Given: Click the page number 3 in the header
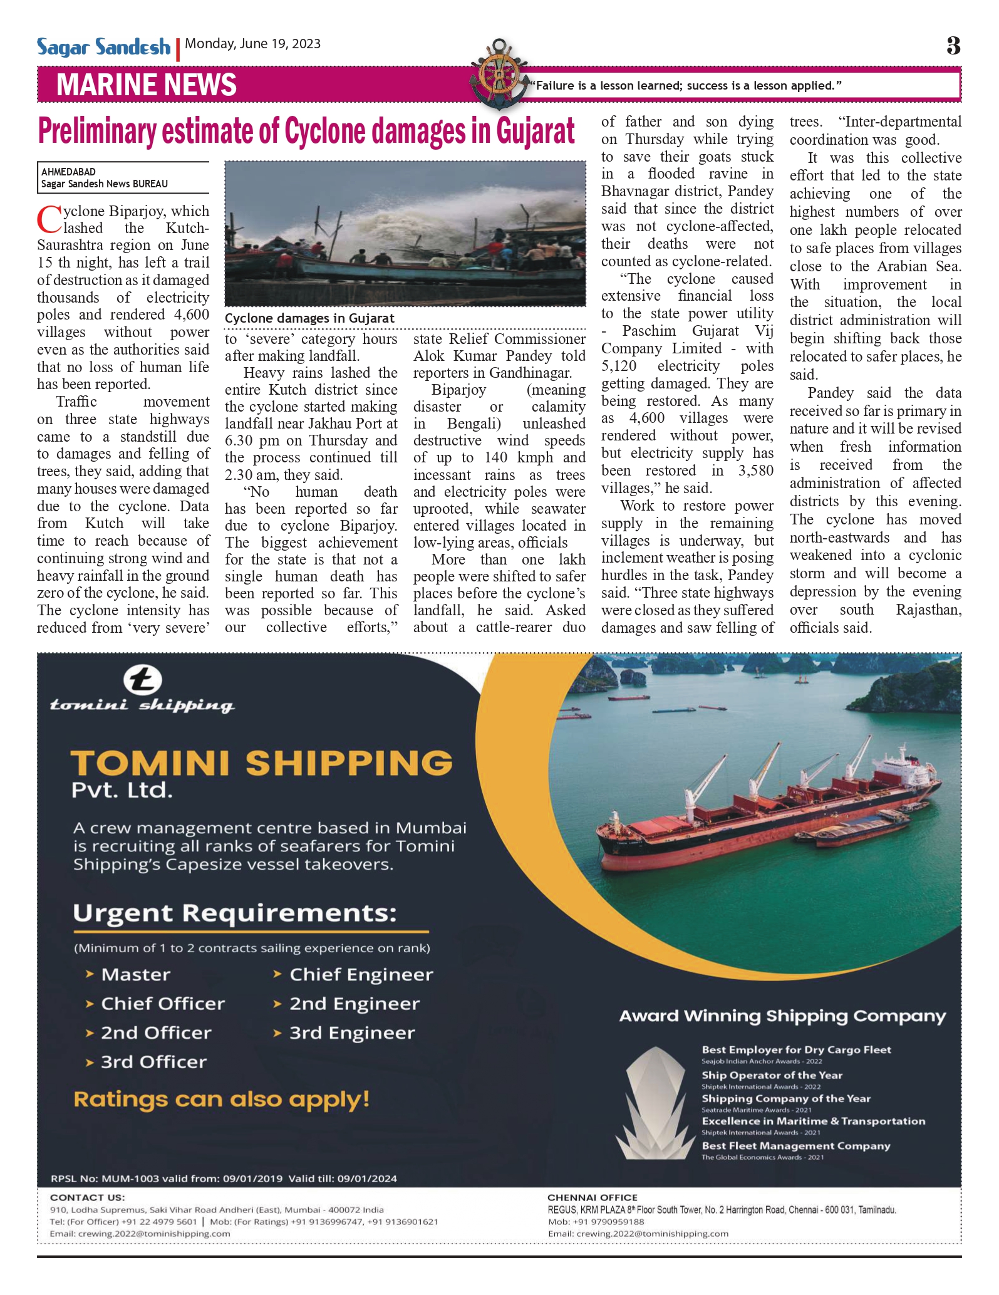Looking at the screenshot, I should point(953,46).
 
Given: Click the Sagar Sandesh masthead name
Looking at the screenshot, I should point(103,47).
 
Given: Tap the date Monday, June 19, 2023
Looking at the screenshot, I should point(253,44).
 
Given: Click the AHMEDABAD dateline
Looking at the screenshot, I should point(68,172).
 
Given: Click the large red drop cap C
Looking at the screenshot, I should point(49,219).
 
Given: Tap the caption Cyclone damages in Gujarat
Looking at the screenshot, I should point(309,318).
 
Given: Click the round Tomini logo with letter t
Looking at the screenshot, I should point(143,680).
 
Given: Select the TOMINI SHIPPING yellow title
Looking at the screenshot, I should point(261,763).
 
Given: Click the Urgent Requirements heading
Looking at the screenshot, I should point(235,913).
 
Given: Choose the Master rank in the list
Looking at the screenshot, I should point(135,974).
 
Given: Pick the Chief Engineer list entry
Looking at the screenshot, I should point(361,974).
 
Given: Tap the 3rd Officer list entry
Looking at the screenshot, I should point(153,1062).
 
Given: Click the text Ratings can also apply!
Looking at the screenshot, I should point(222,1099).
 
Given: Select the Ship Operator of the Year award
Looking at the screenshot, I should point(772,1075).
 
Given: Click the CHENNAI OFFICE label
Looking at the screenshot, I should point(592,1197).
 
